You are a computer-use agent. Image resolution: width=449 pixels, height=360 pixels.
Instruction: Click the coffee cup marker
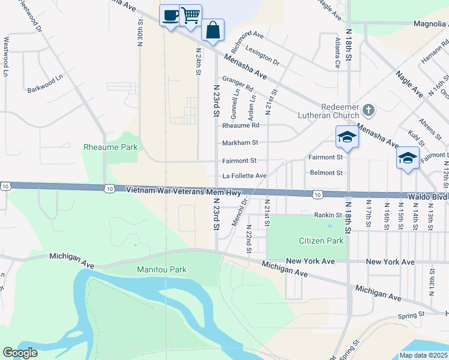coord(170,15)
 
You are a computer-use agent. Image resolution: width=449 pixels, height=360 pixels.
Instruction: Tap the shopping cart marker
coord(191,15)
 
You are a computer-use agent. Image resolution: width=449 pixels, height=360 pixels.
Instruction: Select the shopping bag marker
coord(212,29)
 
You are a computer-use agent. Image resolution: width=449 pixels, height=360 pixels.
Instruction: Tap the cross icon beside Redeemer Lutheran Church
coord(369,110)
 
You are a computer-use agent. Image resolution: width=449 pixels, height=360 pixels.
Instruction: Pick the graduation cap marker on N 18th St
coord(346,137)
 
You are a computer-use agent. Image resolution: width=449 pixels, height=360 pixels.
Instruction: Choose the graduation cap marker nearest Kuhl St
coord(408,158)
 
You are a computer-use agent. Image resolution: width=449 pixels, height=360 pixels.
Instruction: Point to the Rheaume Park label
coord(110,147)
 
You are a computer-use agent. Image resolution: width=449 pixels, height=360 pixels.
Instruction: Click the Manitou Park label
coord(161,270)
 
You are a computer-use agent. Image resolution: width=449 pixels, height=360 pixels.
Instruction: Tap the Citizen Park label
coord(321,241)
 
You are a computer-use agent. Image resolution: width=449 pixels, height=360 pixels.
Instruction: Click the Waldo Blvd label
coord(432,196)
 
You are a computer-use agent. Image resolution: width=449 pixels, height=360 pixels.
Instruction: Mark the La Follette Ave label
coord(244,176)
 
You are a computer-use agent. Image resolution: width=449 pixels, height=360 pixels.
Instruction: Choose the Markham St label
coord(240,143)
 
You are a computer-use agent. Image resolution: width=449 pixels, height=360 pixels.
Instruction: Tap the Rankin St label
coord(328,214)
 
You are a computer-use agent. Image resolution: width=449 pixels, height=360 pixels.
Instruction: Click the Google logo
coord(20,353)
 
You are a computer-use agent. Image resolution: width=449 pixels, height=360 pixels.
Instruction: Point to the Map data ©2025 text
coord(423,355)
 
